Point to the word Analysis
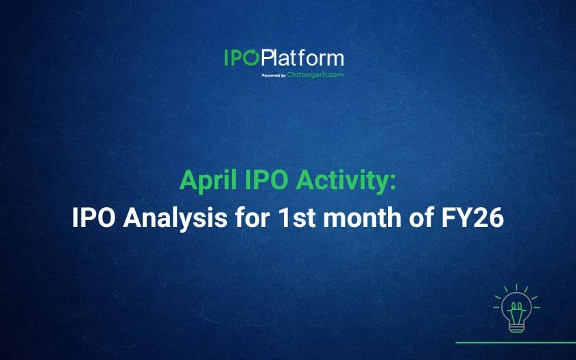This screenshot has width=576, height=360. [175, 218]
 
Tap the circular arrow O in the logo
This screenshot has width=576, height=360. [252, 58]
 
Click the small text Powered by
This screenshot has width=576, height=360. [274, 75]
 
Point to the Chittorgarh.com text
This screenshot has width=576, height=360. [315, 75]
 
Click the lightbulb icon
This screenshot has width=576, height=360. [516, 309]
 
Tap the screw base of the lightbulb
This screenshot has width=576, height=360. [516, 326]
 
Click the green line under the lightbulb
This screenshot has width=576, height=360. [516, 342]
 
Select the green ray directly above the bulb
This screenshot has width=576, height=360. [516, 287]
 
